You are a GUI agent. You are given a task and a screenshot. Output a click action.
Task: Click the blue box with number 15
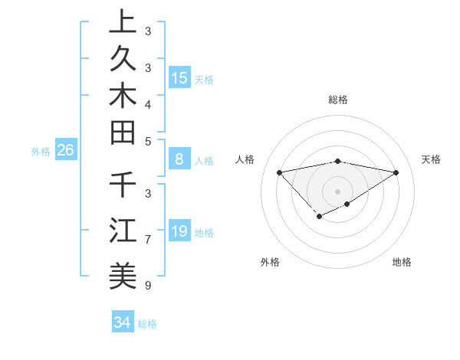[x=179, y=77]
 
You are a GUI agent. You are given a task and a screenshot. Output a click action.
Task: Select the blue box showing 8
[x=179, y=159]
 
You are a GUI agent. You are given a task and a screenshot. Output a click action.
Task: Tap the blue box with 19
[x=179, y=231]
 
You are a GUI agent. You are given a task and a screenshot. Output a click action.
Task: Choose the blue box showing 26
[x=65, y=151]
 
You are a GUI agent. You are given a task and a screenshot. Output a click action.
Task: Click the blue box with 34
[x=122, y=322]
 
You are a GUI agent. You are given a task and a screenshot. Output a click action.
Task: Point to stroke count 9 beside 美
[x=147, y=286]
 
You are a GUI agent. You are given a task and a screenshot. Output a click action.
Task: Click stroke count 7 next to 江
[x=147, y=240]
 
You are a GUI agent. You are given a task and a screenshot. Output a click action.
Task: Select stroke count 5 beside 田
[x=147, y=141]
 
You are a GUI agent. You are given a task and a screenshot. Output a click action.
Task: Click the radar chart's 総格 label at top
[x=337, y=100]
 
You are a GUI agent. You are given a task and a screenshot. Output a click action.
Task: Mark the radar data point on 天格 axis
[x=396, y=172]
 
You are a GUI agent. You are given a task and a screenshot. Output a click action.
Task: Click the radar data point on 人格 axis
[x=280, y=172]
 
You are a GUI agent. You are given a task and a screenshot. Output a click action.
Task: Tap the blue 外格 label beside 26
[x=41, y=152]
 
